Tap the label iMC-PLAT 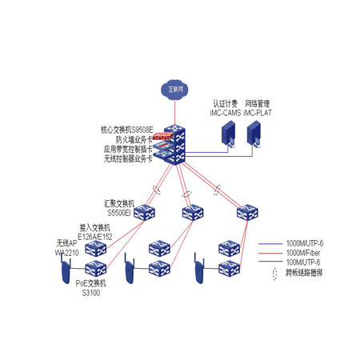tap(258, 114)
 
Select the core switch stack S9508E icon tap(170, 144)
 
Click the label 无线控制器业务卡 tap(127, 158)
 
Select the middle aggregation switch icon tap(193, 211)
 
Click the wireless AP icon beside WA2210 tap(64, 274)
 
